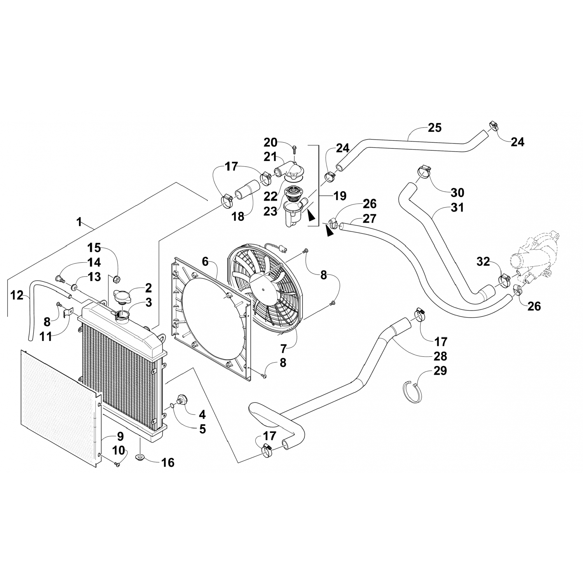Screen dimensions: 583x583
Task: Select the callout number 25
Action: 435,127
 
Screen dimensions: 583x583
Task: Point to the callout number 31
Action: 457,208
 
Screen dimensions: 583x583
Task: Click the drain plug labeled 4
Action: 181,399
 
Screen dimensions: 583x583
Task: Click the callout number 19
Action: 340,195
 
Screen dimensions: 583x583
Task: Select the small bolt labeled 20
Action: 294,148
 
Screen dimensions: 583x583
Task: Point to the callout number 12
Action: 17,295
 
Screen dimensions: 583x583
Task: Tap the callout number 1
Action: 79,222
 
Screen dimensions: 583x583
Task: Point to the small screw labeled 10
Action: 117,464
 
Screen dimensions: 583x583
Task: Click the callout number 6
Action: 206,261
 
